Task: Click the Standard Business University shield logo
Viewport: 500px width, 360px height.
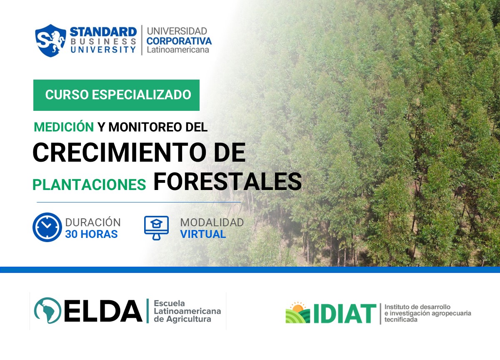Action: click(x=50, y=40)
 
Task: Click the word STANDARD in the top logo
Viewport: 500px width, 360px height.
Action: click(x=103, y=32)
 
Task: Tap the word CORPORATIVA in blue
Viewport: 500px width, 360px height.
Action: click(x=179, y=41)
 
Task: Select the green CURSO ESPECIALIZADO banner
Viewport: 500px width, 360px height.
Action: click(x=116, y=95)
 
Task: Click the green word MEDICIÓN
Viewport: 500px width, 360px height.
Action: click(x=64, y=127)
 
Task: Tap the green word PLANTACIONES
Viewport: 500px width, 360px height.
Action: click(x=89, y=185)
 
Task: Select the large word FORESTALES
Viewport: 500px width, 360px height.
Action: click(x=227, y=182)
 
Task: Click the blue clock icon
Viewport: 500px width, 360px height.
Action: click(x=47, y=227)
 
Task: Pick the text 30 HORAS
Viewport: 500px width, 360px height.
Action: click(x=91, y=234)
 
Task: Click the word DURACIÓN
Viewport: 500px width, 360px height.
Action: click(x=93, y=222)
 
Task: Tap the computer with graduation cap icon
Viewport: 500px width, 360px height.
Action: click(x=156, y=227)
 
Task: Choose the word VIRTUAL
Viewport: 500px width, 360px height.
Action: click(x=203, y=234)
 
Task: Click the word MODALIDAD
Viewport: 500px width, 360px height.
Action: click(x=212, y=222)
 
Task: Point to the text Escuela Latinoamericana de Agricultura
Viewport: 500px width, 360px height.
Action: click(x=187, y=311)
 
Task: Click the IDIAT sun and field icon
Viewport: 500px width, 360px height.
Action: click(x=297, y=313)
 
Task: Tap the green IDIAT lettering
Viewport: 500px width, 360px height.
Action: click(x=344, y=314)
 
